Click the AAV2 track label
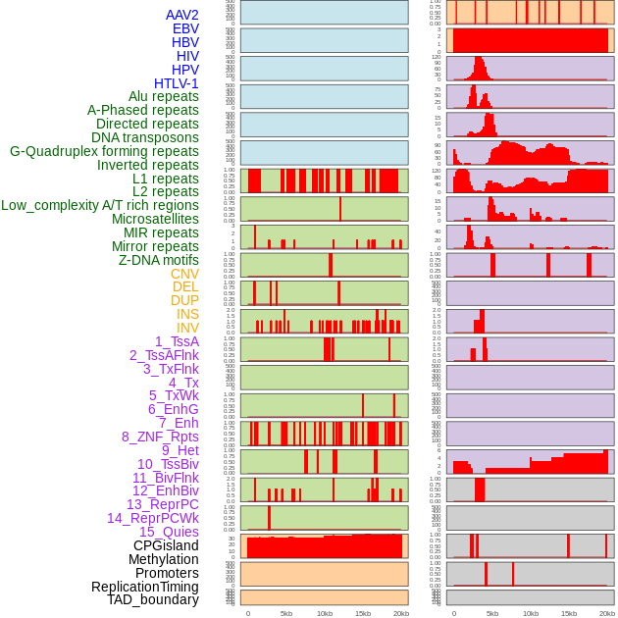pos(181,15)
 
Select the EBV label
pos(185,28)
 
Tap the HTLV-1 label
pos(176,83)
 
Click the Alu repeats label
pos(164,96)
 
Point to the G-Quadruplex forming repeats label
pos(104,151)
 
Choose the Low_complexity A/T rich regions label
pos(100,205)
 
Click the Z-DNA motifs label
pos(159,260)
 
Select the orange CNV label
pos(184,274)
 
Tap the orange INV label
pos(187,328)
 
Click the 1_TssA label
pos(177,341)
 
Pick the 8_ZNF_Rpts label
pos(160,437)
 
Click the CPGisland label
pos(166,545)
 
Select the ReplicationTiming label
pos(144,587)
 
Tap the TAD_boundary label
pos(152,599)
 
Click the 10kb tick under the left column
pos(325,613)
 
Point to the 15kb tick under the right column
pos(568,613)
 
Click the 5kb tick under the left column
pos(286,613)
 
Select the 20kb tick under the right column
pos(606,613)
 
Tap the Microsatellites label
pos(155,219)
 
